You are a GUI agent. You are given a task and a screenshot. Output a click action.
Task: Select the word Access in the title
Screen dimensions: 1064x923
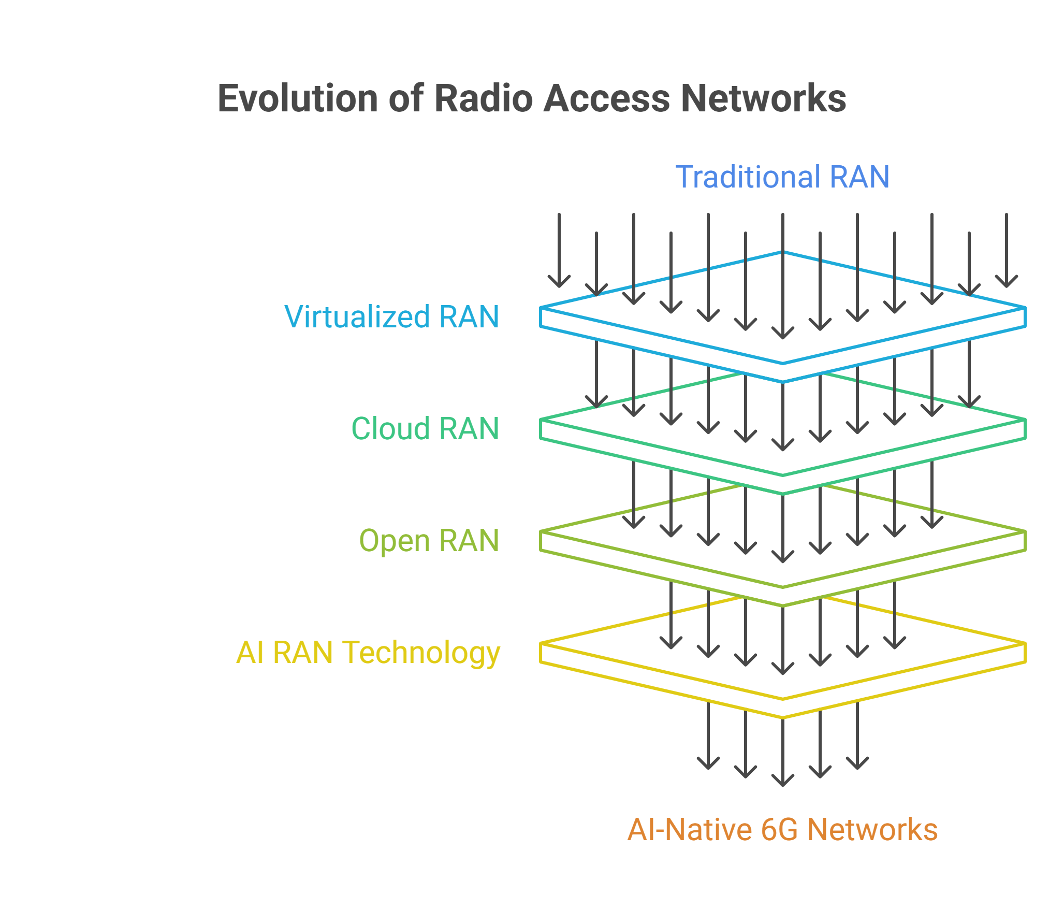tap(607, 98)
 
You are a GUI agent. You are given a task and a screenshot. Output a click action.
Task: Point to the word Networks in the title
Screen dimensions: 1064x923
tap(764, 98)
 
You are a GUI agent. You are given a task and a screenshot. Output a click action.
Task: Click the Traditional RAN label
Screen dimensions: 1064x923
tap(782, 177)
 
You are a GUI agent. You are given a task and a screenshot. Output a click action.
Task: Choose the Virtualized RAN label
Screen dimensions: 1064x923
tap(392, 316)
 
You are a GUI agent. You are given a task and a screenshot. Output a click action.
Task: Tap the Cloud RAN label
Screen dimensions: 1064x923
tap(425, 428)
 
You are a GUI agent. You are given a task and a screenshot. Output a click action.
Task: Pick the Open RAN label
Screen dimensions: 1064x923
tap(429, 541)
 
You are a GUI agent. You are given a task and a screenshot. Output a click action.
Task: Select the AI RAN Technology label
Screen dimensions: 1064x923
tap(368, 653)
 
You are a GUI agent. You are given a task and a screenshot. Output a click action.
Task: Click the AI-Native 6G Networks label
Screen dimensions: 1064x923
tap(782, 829)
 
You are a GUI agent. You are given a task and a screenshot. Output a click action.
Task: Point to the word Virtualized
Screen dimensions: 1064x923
tap(357, 316)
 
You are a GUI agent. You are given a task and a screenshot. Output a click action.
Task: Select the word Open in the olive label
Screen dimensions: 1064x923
tap(395, 541)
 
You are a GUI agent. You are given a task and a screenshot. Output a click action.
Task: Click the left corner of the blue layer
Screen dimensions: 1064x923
tap(541, 308)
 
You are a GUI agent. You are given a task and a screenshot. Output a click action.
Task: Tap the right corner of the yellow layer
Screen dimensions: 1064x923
tap(1025, 644)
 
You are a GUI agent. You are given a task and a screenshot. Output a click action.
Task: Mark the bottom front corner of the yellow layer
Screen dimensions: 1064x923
tap(783, 717)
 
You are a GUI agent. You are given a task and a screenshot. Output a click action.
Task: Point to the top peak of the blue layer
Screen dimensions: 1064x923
tap(783, 252)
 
